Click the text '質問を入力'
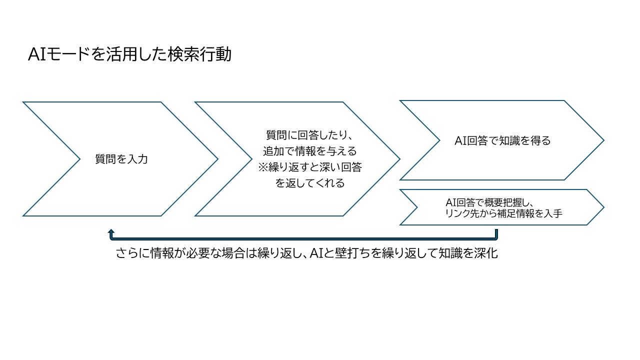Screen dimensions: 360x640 pos(121,159)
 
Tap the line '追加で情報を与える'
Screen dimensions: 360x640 pos(310,151)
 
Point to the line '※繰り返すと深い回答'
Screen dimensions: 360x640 pos(310,167)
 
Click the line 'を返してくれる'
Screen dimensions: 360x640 pos(310,183)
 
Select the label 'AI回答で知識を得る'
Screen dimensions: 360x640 pos(502,140)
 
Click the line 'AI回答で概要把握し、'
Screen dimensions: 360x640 pos(490,203)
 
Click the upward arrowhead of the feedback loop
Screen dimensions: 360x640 pos(111,232)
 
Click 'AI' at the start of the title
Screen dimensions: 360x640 pos(37,54)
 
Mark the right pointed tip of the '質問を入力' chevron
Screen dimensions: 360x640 pos(217,159)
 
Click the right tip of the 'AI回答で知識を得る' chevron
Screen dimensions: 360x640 pos(603,140)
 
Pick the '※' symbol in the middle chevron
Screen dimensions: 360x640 pos(263,167)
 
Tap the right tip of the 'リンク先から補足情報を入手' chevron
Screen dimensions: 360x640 pos(603,207)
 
